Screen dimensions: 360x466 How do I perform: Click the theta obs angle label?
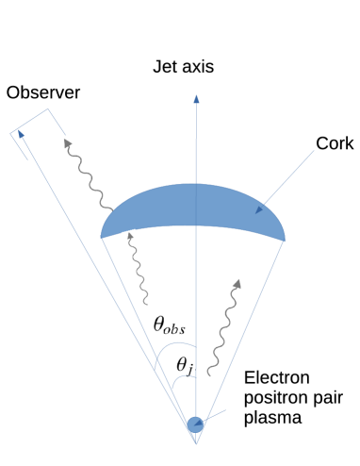(171, 325)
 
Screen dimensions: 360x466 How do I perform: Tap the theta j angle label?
(184, 366)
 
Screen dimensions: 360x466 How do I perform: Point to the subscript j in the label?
(189, 370)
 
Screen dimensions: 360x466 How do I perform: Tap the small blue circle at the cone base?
(195, 425)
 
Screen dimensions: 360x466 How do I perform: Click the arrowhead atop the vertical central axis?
(196, 97)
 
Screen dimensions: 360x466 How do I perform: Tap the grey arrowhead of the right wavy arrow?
(237, 282)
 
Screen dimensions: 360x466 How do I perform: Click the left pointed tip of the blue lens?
(103, 236)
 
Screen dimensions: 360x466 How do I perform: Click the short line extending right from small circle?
(215, 415)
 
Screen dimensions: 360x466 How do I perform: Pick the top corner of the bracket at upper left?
(47, 110)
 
